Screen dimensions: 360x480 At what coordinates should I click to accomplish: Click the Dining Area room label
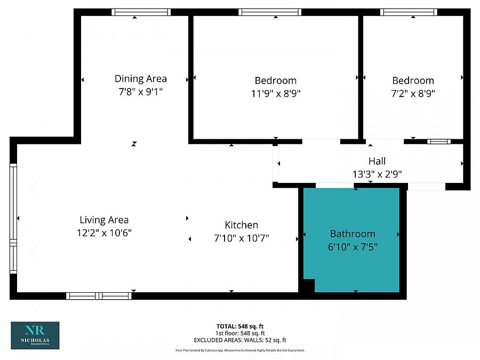click(141, 78)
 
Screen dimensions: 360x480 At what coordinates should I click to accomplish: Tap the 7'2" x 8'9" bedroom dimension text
click(413, 94)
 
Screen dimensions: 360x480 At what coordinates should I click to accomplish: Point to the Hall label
click(377, 161)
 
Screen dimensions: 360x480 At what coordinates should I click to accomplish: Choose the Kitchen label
click(241, 225)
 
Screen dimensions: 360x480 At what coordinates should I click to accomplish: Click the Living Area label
click(104, 220)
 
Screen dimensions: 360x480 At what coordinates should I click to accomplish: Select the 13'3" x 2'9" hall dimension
click(377, 174)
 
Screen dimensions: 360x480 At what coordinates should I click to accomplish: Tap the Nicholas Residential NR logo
click(35, 335)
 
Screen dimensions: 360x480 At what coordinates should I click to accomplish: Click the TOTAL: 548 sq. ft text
click(239, 326)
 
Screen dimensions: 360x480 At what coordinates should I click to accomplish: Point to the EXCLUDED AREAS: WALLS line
click(239, 340)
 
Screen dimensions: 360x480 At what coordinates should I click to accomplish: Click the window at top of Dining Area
click(141, 12)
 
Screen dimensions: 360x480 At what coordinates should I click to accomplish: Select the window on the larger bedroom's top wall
click(270, 12)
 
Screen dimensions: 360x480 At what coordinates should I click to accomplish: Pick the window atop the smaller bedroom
click(409, 12)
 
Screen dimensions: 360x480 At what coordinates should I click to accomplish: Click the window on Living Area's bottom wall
click(99, 295)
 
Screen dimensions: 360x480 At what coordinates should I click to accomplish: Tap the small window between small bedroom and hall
click(438, 141)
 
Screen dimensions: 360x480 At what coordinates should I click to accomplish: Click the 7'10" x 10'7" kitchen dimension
click(241, 238)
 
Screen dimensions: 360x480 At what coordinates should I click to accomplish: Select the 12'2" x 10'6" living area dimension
click(104, 233)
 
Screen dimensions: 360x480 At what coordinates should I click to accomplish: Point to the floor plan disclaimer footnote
click(239, 350)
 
